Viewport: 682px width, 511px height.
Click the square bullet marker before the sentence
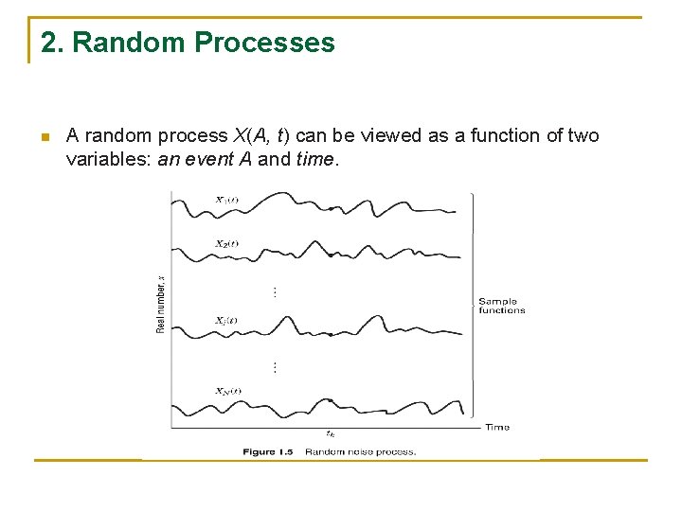pyautogui.click(x=45, y=138)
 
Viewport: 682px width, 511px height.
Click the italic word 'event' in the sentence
pyautogui.click(x=209, y=159)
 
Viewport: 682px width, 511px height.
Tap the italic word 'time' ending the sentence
pyautogui.click(x=314, y=159)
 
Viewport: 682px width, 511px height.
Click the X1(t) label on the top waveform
pyautogui.click(x=226, y=200)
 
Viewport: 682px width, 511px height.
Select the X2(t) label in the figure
pyautogui.click(x=226, y=243)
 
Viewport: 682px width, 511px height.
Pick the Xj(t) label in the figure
pyautogui.click(x=226, y=320)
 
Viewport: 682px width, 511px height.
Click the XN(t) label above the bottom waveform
pyautogui.click(x=227, y=391)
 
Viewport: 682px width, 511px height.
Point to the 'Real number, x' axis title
pyautogui.click(x=160, y=303)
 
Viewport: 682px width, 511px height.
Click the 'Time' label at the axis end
pyautogui.click(x=497, y=427)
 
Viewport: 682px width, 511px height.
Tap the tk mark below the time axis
pyautogui.click(x=329, y=433)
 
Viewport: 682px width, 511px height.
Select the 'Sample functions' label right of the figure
pyautogui.click(x=501, y=306)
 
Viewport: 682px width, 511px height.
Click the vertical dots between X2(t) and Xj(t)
pyautogui.click(x=275, y=292)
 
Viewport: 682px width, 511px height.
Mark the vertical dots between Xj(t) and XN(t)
pyautogui.click(x=275, y=366)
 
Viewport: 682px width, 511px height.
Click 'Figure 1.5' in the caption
pyautogui.click(x=266, y=452)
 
